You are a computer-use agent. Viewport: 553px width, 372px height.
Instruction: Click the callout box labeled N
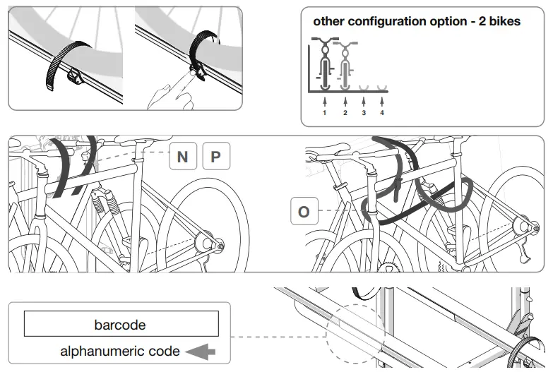point(182,156)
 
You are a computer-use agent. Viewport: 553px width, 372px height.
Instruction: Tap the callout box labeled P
point(216,156)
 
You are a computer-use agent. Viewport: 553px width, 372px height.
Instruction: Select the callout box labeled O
point(304,212)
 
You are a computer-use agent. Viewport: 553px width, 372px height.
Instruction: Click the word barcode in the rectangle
point(120,325)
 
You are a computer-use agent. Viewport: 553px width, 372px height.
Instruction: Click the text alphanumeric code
point(120,351)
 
